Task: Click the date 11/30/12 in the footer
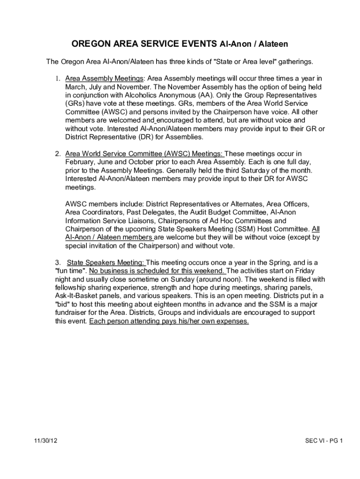pos(46,441)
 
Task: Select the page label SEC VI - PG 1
pos(324,441)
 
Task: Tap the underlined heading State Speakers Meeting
pos(107,262)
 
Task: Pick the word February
pos(80,162)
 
